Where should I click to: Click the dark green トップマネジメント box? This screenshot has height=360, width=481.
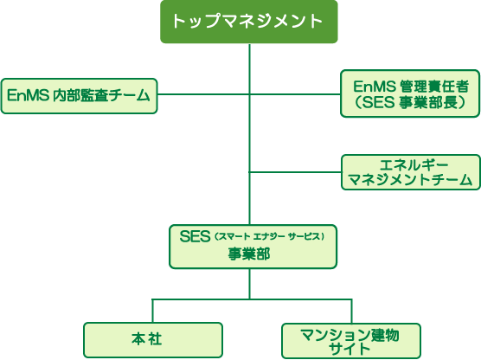coord(249,22)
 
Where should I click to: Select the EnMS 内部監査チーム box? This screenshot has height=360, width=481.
coord(79,96)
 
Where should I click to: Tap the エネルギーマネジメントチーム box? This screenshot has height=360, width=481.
coord(411,172)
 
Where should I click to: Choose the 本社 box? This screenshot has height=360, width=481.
coord(153,340)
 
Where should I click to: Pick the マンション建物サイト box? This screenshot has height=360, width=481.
coord(351,341)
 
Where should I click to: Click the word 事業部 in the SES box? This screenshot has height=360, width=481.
coord(249,254)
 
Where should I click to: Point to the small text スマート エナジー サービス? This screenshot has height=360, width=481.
coord(269,236)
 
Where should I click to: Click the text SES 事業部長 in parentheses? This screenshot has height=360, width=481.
coord(410,102)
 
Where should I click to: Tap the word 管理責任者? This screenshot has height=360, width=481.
coord(434,87)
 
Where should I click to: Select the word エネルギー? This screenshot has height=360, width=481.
coord(414,165)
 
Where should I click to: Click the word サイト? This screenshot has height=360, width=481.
coord(350,349)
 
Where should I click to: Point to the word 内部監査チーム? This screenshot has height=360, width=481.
coord(102,95)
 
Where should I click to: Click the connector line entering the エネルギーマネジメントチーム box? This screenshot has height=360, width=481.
coord(295,172)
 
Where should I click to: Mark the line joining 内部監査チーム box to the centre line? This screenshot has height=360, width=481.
coord(203,94)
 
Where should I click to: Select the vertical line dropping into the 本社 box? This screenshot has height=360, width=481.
coord(153,311)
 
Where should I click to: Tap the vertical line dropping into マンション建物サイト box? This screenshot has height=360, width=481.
coord(351,312)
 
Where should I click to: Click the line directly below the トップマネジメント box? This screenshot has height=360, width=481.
coord(250,134)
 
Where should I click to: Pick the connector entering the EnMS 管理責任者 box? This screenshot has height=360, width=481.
coord(295,94)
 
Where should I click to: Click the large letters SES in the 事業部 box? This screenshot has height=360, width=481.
coord(195,236)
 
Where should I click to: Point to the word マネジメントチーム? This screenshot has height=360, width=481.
coord(410,179)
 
